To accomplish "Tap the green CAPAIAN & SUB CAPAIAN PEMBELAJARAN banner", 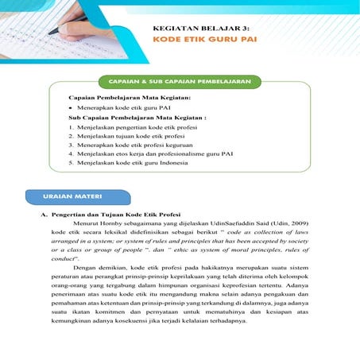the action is point(180,82).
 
